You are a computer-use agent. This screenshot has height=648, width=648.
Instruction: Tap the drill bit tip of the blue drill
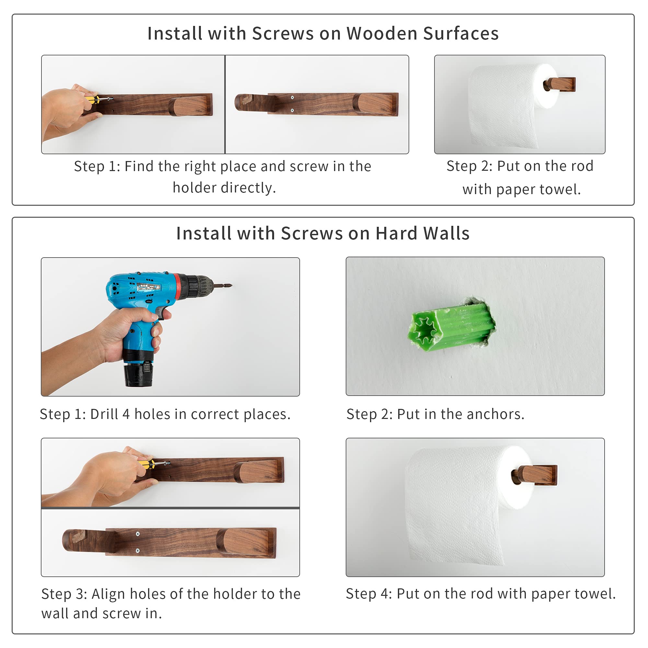tap(231, 286)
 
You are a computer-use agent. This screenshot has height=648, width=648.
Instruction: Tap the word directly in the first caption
tap(224, 188)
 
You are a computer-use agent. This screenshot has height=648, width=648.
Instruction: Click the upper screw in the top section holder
tap(292, 98)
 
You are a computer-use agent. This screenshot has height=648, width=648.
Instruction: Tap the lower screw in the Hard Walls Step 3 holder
tap(137, 551)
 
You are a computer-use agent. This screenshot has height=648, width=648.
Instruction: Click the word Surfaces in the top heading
tap(461, 34)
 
